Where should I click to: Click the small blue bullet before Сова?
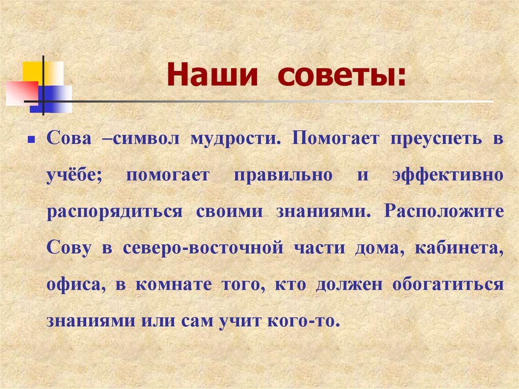pyautogui.click(x=30, y=138)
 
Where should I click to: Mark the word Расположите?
pyautogui.click(x=444, y=211)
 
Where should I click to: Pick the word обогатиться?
pyautogui.click(x=448, y=285)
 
